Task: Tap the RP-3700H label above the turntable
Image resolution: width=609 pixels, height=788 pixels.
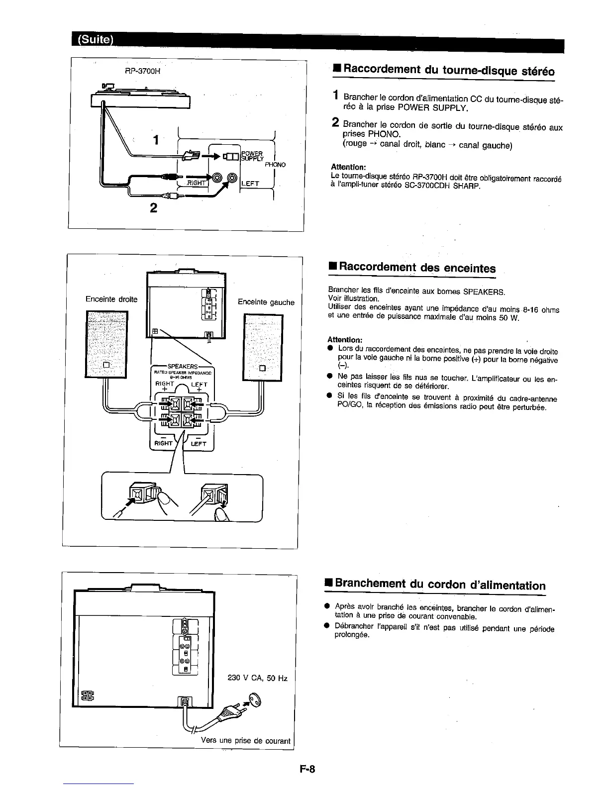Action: pyautogui.click(x=143, y=71)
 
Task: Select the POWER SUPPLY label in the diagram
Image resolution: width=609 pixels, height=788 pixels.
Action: pyautogui.click(x=252, y=156)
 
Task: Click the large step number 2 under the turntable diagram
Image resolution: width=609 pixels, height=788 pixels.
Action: pyautogui.click(x=153, y=207)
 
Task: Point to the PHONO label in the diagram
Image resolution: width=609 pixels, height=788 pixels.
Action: pyautogui.click(x=275, y=165)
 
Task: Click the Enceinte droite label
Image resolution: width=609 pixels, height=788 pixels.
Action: pyautogui.click(x=111, y=299)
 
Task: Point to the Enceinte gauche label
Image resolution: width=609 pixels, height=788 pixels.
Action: pyautogui.click(x=266, y=302)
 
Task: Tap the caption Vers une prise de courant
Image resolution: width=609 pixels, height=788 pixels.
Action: pyautogui.click(x=245, y=741)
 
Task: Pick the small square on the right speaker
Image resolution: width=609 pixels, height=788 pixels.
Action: pyautogui.click(x=263, y=369)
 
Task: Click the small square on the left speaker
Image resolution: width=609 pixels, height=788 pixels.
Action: pyautogui.click(x=106, y=365)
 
